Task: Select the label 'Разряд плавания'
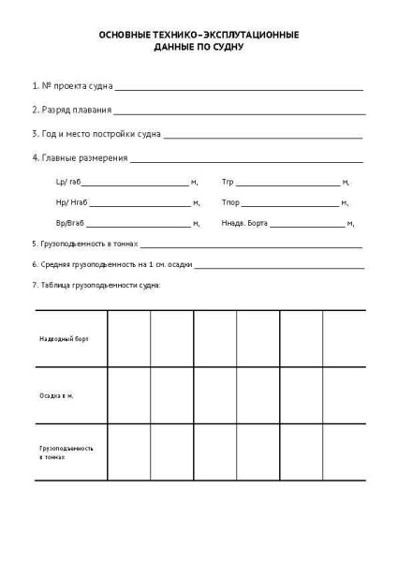(x=69, y=110)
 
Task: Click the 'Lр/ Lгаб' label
(x=68, y=182)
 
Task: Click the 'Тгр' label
(x=227, y=182)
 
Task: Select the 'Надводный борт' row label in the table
(x=64, y=338)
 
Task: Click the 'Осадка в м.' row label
(x=57, y=395)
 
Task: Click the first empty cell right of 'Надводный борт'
(x=129, y=338)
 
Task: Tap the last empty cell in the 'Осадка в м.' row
(x=344, y=395)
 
